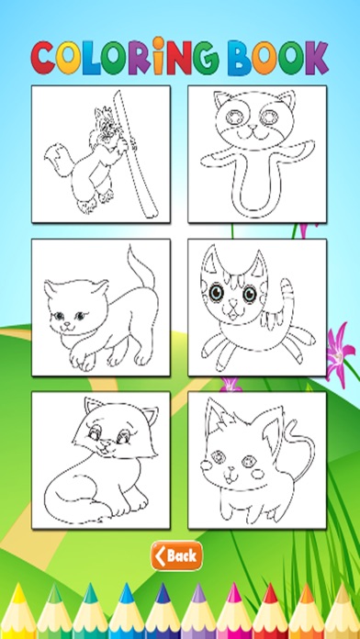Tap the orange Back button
pos(176,555)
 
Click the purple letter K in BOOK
pos(316,58)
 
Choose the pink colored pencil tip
pos(234,593)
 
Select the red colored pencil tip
pos(269,593)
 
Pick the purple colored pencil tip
pos(198,593)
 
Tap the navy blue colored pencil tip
pos(162,593)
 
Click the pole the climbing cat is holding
pos(135,154)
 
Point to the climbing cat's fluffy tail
pos(56,160)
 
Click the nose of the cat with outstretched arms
pos(251,128)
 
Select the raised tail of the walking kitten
pos(140,268)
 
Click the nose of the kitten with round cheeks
pos(231,468)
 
